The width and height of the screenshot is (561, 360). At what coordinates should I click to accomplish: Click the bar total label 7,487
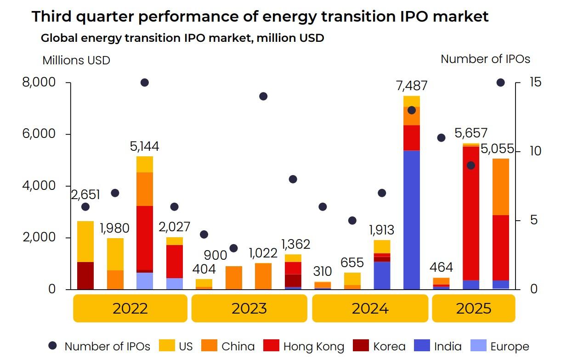coord(411,86)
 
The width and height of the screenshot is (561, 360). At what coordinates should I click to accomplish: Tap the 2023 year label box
coord(249,308)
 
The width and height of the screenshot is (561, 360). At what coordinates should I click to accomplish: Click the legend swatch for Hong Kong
coord(271,346)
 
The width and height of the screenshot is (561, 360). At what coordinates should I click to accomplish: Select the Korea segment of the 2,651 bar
coord(85,275)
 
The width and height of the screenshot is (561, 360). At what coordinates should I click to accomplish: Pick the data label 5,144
coord(144,147)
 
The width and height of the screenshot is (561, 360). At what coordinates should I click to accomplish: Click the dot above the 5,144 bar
coord(145,83)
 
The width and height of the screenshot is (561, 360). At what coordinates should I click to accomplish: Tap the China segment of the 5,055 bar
coord(500,187)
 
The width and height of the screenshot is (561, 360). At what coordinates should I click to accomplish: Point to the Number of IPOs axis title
coord(485,59)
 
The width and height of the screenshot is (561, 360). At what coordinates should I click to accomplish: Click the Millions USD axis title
coord(76,61)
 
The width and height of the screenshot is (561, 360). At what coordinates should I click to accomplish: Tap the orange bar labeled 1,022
coord(263,276)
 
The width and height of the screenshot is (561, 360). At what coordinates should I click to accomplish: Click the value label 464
coord(441,268)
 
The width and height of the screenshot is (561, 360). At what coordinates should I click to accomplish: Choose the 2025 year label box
coord(473,308)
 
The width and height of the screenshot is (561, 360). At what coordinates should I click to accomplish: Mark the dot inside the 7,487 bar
coord(412,110)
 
